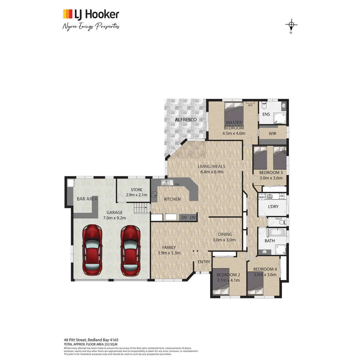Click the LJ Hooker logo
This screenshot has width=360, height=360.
tap(91, 14)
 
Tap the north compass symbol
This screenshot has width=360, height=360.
tap(291, 25)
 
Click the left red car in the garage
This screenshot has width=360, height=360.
tap(92, 250)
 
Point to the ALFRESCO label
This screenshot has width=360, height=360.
tap(186, 119)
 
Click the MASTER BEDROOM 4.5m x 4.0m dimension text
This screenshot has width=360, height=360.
tap(234, 133)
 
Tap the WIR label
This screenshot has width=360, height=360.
tap(272, 134)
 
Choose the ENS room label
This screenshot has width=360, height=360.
tap(266, 114)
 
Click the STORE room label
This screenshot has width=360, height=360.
tap(136, 190)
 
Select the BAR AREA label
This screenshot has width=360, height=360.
tap(87, 199)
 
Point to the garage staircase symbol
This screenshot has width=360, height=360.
tap(141, 209)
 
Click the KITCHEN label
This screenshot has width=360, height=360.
tap(172, 199)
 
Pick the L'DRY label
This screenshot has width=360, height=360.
tap(273, 207)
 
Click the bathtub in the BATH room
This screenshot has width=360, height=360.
tap(277, 232)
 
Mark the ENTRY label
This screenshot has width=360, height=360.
tap(204, 262)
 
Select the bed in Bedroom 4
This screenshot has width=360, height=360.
tap(255, 285)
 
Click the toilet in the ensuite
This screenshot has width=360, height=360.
tap(264, 106)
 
